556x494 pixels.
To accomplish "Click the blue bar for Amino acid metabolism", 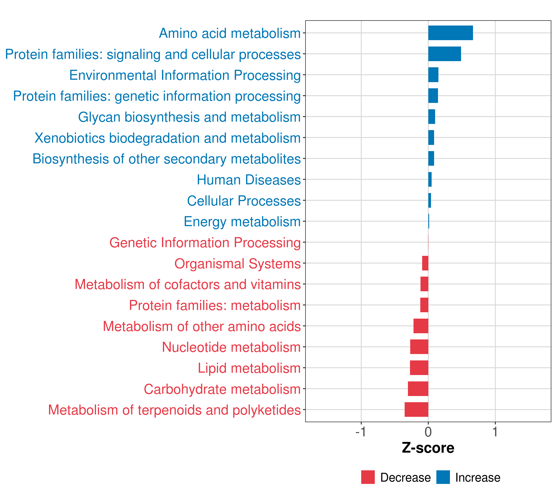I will pos(450,33).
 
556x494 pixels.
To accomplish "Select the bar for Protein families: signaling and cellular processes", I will pos(444,54).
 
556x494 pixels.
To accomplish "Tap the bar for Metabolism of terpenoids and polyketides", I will pos(416,409).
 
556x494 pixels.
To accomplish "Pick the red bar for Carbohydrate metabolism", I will pos(418,389).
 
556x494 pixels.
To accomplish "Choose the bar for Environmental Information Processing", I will pos(433,75).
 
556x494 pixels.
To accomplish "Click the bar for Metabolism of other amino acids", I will pos(421,326).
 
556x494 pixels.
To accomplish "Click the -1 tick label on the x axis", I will pos(361,432).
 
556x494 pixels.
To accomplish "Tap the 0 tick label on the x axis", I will pos(428,432).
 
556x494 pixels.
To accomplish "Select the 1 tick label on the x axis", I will pos(495,432).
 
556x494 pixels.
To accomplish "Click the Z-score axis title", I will pos(428,448).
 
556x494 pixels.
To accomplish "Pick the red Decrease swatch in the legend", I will pos(368,477).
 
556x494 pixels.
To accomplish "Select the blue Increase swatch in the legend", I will pos(443,477).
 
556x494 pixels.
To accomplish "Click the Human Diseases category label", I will pos(249,180).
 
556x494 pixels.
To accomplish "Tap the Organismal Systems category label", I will pos(237,263).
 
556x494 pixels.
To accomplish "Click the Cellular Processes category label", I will pos(244,201).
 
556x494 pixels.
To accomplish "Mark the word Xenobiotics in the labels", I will pos(70,138).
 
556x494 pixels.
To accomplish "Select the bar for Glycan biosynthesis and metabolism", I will pos(431,117).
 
